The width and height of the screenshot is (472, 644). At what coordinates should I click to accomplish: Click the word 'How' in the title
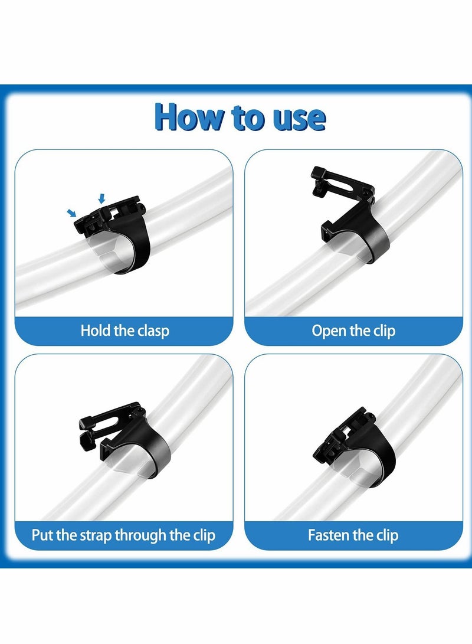pyautogui.click(x=190, y=117)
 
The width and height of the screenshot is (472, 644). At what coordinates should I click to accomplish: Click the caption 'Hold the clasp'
pyautogui.click(x=124, y=331)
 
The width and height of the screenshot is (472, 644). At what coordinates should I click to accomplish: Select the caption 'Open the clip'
pyautogui.click(x=353, y=331)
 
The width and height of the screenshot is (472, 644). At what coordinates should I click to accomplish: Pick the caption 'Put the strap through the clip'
pyautogui.click(x=123, y=535)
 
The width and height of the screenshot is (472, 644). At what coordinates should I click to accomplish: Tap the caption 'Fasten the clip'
pyautogui.click(x=353, y=535)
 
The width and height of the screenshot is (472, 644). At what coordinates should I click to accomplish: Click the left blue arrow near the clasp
pyautogui.click(x=72, y=213)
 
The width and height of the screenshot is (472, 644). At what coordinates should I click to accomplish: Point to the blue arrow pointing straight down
pyautogui.click(x=102, y=199)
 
